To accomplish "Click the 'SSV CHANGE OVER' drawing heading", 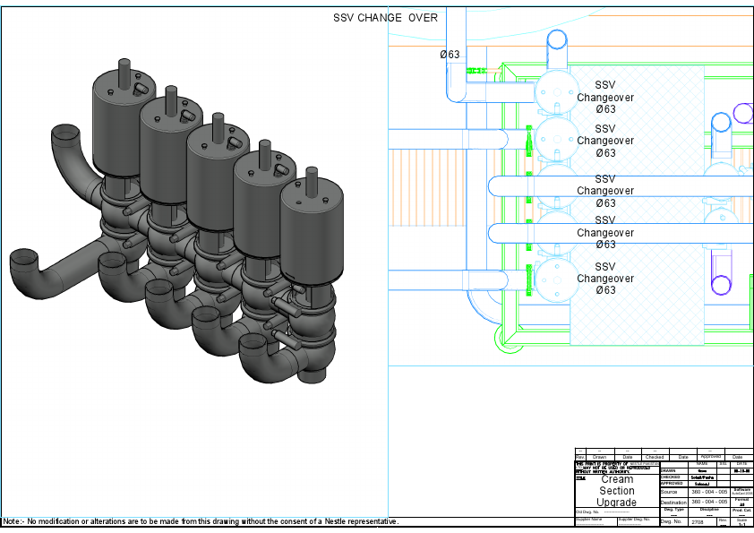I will (x=385, y=18).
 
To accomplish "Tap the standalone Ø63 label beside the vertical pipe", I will (x=450, y=55).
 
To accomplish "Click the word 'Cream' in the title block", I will (x=617, y=479).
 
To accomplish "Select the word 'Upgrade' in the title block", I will (x=617, y=503).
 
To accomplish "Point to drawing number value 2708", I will (x=698, y=521).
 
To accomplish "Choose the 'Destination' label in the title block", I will (x=673, y=503).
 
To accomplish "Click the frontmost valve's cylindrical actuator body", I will (x=311, y=234).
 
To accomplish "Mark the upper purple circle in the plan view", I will (x=743, y=113).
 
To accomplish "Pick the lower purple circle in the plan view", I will (x=721, y=286).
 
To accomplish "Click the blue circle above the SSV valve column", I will (x=557, y=39).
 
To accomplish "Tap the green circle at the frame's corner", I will (x=505, y=336).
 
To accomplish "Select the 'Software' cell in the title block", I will (x=741, y=491).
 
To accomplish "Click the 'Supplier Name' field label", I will (x=589, y=519).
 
